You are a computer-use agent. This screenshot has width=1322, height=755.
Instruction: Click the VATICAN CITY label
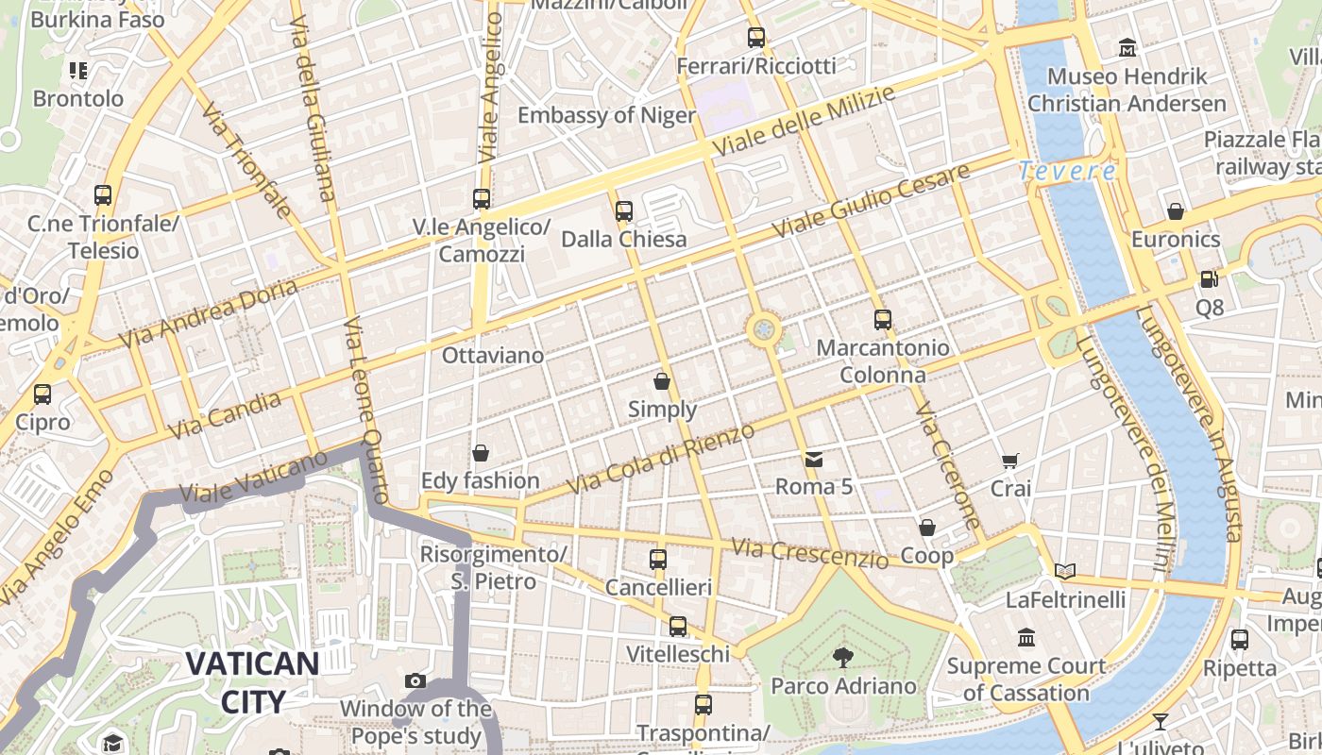tap(252, 681)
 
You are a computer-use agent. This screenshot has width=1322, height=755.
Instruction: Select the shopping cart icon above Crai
tap(1010, 461)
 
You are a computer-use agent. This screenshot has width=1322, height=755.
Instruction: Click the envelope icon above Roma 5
tap(813, 460)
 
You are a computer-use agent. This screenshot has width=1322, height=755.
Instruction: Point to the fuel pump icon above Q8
tap(1209, 279)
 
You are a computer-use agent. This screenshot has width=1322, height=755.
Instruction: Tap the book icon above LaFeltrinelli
tap(1065, 571)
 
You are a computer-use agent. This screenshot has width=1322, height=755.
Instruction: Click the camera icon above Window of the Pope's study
tap(415, 680)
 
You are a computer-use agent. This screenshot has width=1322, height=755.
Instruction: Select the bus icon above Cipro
tap(42, 394)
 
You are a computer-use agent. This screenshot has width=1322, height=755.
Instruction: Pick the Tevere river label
tap(1067, 172)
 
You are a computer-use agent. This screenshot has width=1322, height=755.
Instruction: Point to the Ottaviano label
tap(493, 356)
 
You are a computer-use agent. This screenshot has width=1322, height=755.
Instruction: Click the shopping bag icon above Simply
tap(662, 381)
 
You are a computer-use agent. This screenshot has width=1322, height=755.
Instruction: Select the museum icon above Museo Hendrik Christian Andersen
tap(1127, 47)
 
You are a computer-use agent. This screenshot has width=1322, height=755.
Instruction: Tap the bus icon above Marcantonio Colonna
tap(883, 319)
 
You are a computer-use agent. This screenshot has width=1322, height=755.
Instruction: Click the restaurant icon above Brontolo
tap(77, 70)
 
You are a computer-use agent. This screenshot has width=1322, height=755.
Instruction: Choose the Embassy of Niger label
tap(606, 115)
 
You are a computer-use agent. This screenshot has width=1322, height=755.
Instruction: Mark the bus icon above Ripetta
tap(1240, 639)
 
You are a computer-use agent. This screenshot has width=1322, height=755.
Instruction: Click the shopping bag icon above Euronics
tap(1176, 211)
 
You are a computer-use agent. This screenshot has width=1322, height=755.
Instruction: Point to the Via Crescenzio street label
tap(810, 553)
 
